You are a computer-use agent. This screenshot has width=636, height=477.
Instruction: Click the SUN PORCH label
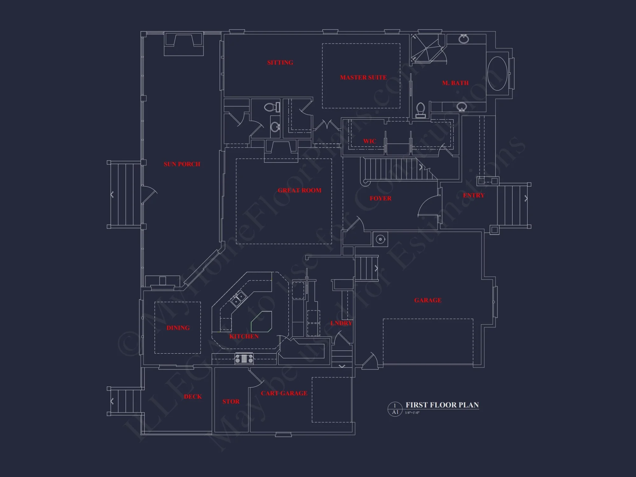pos(182,164)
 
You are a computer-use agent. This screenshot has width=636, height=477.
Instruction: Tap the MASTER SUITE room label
pos(363,77)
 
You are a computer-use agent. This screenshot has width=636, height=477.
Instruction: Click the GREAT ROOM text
pos(300,190)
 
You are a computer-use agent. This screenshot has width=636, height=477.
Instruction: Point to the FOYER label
pos(380,198)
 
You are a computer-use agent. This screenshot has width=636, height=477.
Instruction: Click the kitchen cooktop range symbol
pos(244,359)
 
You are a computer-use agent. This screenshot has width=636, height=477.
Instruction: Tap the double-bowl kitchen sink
pos(238,299)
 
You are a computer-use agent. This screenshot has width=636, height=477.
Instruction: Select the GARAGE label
pos(428,300)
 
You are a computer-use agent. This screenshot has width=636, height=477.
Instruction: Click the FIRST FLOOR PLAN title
pos(442,405)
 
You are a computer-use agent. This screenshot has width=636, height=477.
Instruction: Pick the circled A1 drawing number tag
pos(395,409)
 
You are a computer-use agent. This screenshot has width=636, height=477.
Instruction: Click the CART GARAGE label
pos(284,393)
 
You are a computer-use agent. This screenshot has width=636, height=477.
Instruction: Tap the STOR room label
pos(231,401)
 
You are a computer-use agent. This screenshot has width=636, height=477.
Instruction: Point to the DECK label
pos(193,396)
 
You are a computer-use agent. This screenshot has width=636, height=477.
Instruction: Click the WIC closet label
pos(370,141)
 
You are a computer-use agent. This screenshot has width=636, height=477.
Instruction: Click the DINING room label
pos(178,328)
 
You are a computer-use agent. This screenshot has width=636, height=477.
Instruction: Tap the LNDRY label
pos(341,323)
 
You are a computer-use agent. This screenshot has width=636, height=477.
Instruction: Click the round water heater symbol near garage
pos(380,239)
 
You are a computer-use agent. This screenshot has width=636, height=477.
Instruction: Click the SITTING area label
pos(280,62)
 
